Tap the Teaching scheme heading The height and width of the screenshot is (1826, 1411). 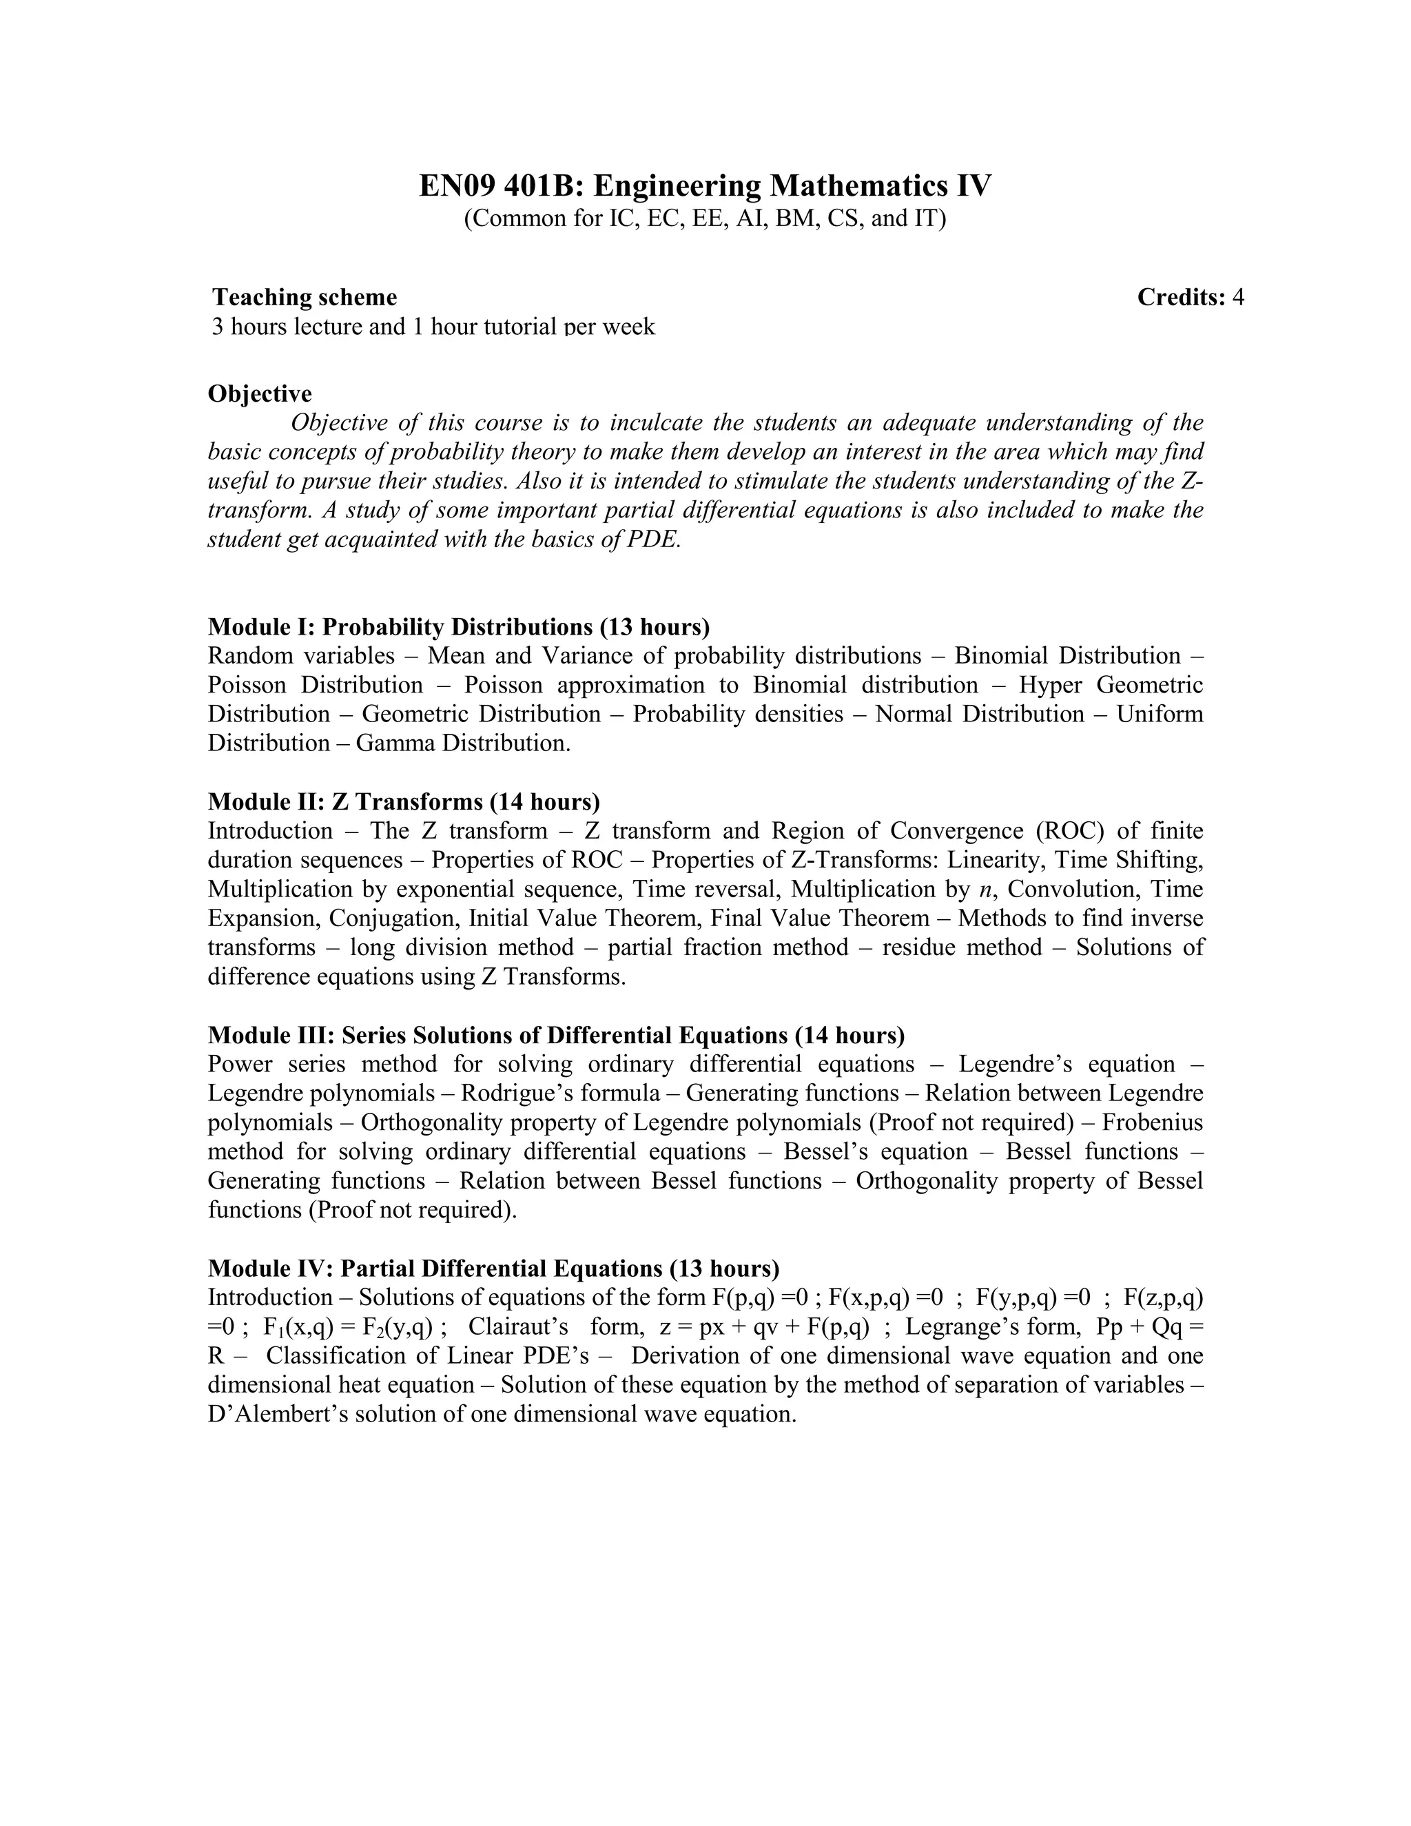pyautogui.click(x=305, y=297)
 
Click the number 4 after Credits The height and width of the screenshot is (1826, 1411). pyautogui.click(x=1238, y=297)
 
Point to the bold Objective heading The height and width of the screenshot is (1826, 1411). pyautogui.click(x=260, y=393)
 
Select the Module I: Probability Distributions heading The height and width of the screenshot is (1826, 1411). pyautogui.click(x=458, y=626)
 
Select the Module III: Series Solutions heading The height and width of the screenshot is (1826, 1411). pyautogui.click(x=556, y=1035)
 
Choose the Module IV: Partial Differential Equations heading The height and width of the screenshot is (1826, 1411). pyautogui.click(x=493, y=1269)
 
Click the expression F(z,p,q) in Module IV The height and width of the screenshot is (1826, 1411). pyautogui.click(x=1163, y=1297)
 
